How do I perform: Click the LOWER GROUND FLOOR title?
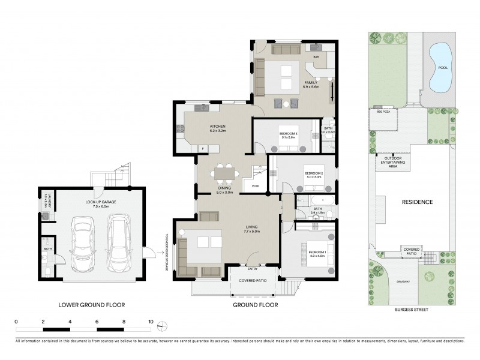pos(92,305)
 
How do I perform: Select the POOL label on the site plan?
pos(443,68)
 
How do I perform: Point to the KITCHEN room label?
pos(201,127)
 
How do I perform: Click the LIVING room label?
pos(252,227)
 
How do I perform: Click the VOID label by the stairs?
pos(256,186)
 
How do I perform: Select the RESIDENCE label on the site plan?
pos(418,202)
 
